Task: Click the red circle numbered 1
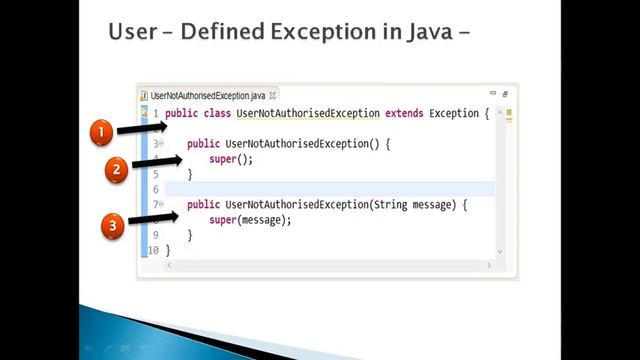coord(102,132)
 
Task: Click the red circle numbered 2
coord(117,169)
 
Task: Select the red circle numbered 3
coord(113,226)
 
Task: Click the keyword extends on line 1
coord(404,113)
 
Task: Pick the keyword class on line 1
coord(217,113)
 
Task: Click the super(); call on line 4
coord(231,159)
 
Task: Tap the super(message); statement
coord(250,220)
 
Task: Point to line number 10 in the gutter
coord(153,250)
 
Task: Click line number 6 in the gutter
coord(155,190)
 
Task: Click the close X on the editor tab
coord(273,95)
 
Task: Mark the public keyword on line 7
coord(203,205)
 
